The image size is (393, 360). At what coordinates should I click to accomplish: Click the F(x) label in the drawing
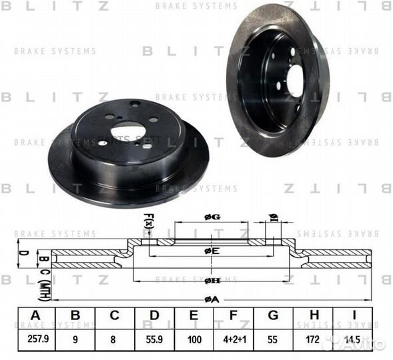click(148, 221)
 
